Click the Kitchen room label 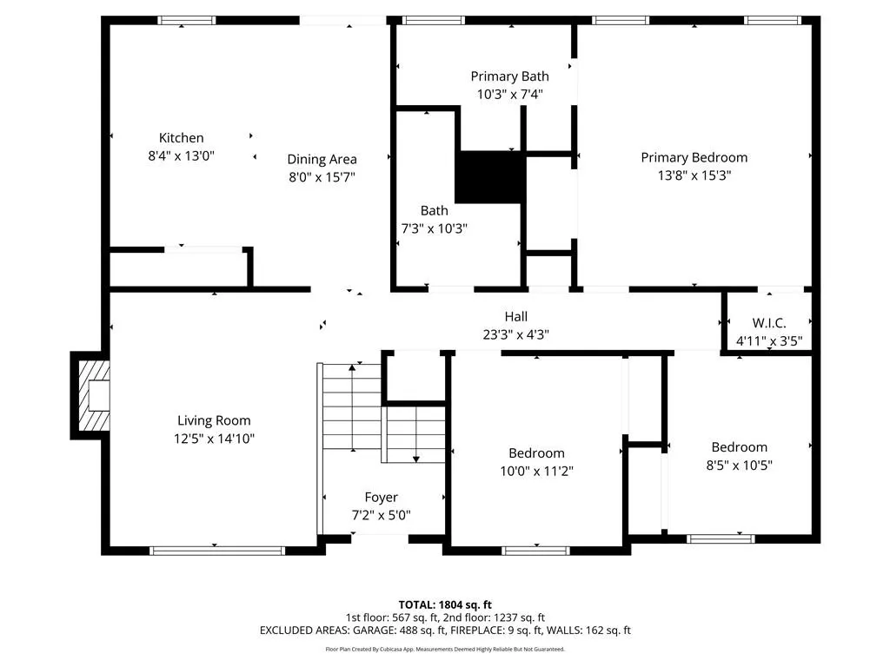pyautogui.click(x=181, y=138)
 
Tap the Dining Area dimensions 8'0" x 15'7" pyautogui.click(x=322, y=177)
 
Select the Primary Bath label pyautogui.click(x=509, y=76)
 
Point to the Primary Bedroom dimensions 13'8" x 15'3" pyautogui.click(x=694, y=175)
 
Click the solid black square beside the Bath pyautogui.click(x=490, y=177)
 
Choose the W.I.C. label pyautogui.click(x=769, y=323)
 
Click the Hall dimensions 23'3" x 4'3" pyautogui.click(x=516, y=334)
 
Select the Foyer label pyautogui.click(x=381, y=498)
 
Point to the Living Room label pyautogui.click(x=214, y=421)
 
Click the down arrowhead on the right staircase pyautogui.click(x=416, y=459)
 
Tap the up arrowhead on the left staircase pyautogui.click(x=353, y=367)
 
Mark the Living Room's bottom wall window pyautogui.click(x=217, y=550)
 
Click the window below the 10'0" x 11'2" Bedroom pyautogui.click(x=535, y=550)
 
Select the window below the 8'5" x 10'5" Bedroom pyautogui.click(x=721, y=538)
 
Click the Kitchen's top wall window pyautogui.click(x=187, y=21)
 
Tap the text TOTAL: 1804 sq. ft pyautogui.click(x=445, y=604)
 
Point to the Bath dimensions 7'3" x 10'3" pyautogui.click(x=435, y=228)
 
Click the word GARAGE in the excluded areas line pyautogui.click(x=375, y=631)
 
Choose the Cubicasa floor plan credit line pyautogui.click(x=445, y=649)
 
